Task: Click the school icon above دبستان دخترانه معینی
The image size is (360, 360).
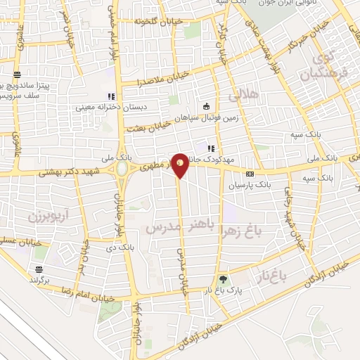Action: tap(109, 96)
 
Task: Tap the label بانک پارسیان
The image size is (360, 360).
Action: tap(249, 186)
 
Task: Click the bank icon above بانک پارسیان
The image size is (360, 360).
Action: tap(249, 174)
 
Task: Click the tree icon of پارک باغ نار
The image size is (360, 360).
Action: tap(224, 278)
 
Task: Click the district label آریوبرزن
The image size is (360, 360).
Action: tap(32, 215)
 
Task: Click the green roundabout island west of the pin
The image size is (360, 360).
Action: tap(122, 169)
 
